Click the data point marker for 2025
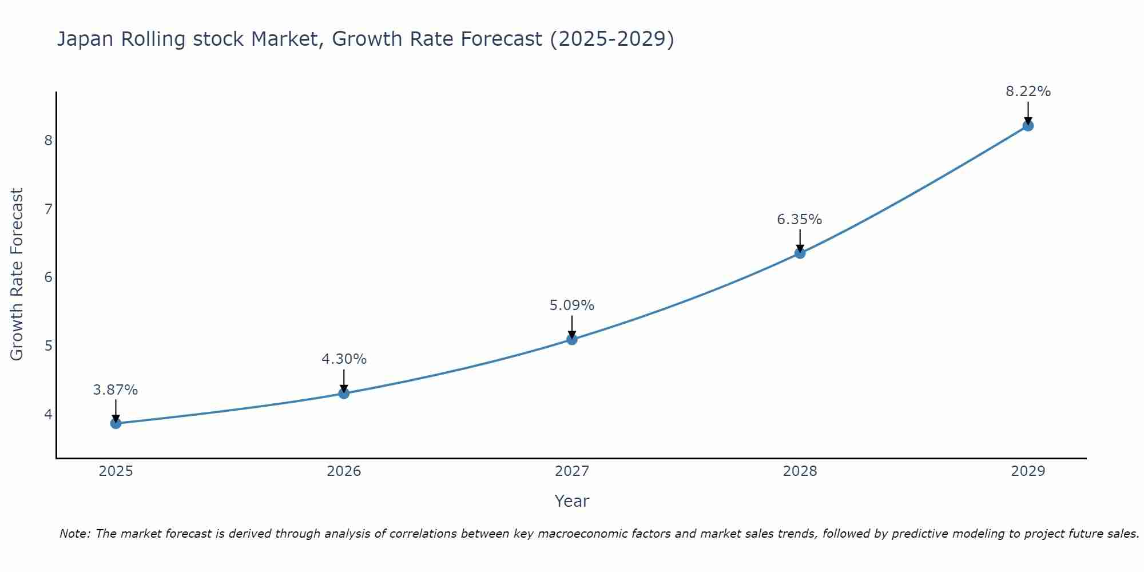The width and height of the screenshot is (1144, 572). point(116,423)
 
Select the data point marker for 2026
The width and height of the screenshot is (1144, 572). point(344,394)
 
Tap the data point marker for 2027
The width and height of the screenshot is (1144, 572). point(572,340)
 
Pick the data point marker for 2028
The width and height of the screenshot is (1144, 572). point(800,253)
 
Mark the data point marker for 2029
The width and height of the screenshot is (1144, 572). point(1028,126)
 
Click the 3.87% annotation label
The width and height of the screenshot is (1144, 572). point(116,390)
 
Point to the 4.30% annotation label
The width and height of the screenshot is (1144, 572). point(344,359)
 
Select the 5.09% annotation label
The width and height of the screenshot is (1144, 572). point(572,305)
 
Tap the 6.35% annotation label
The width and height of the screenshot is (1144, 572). point(800,220)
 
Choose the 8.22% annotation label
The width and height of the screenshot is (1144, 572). point(1028,92)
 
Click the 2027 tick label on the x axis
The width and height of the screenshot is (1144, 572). point(572,471)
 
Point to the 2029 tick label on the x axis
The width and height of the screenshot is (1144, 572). point(1028,471)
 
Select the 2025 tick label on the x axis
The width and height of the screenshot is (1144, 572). point(116,471)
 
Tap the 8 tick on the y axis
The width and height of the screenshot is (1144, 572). point(48,140)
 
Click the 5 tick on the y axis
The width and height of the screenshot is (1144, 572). point(48,345)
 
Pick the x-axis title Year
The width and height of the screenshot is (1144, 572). point(572,501)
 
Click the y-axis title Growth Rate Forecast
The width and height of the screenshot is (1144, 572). point(17,275)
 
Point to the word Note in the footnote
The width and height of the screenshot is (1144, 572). point(74,534)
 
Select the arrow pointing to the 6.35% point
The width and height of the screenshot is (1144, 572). point(800,240)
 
